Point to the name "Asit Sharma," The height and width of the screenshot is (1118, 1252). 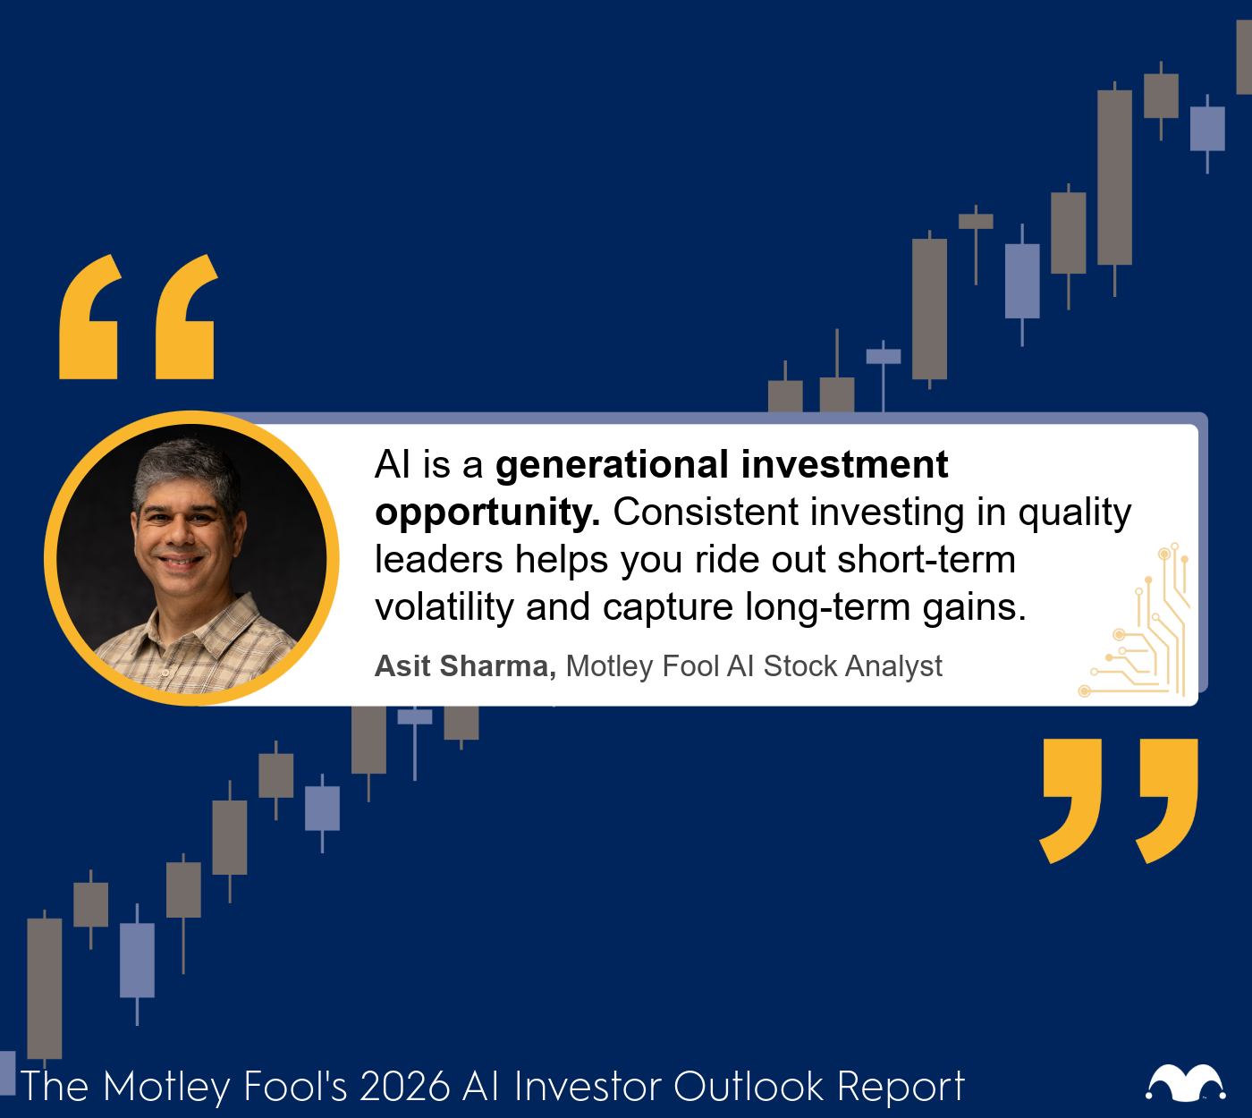(x=465, y=666)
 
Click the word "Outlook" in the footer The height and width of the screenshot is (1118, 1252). (x=749, y=1087)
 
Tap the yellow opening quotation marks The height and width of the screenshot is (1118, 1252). (x=137, y=317)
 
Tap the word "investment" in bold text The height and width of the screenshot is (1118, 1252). (x=844, y=466)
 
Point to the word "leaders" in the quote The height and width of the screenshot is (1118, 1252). (x=438, y=561)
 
